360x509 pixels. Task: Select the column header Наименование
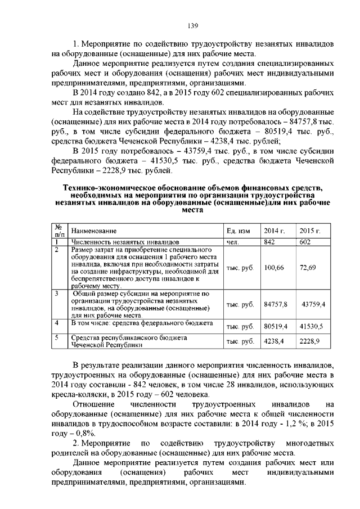click(x=94, y=231)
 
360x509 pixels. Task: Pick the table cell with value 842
click(x=270, y=242)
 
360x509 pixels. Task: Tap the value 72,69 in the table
click(x=308, y=268)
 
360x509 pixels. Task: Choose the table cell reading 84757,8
click(x=276, y=304)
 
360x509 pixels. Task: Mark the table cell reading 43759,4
click(x=313, y=304)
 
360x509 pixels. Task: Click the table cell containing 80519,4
click(x=276, y=326)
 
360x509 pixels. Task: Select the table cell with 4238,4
click(x=274, y=341)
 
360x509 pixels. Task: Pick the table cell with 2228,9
click(x=309, y=341)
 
